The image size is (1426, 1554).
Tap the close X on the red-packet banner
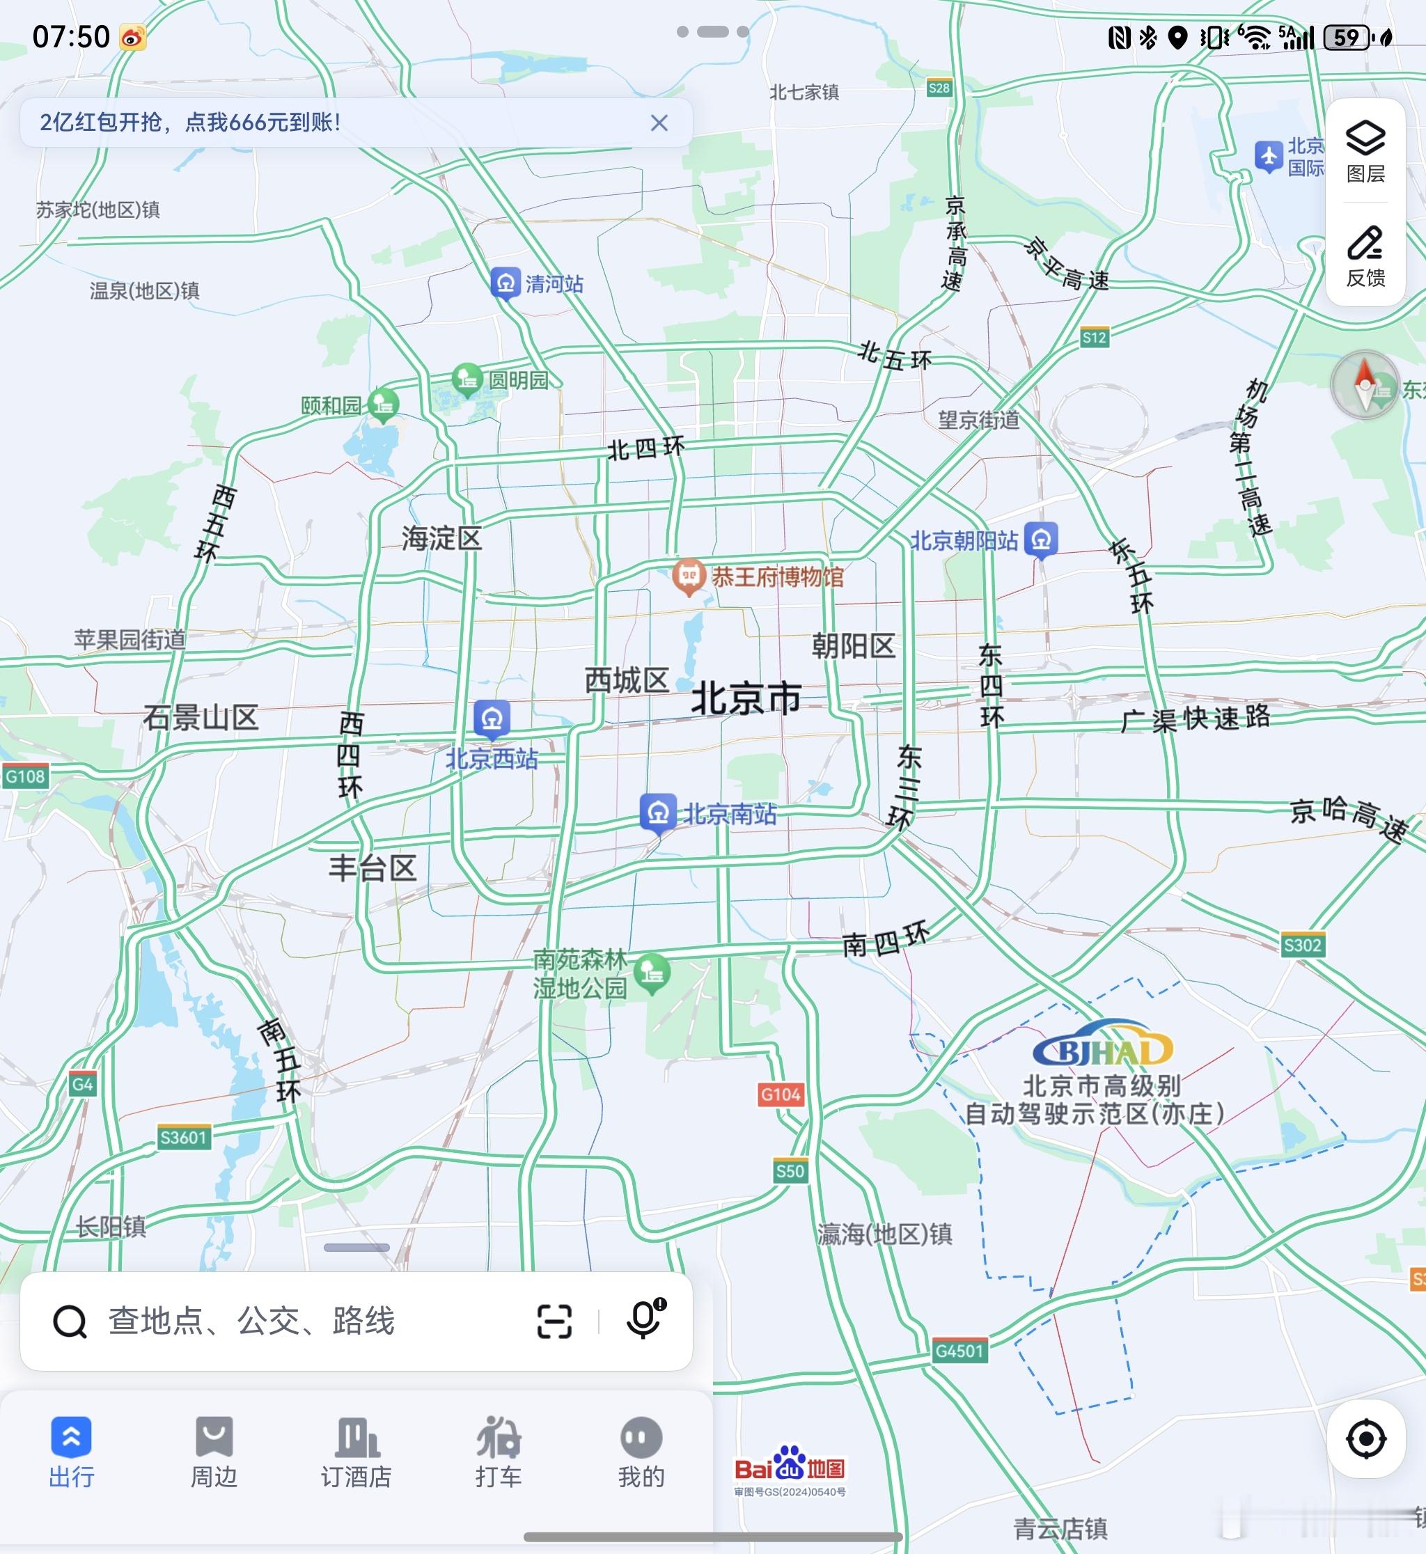659,123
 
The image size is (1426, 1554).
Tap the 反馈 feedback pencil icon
1365,256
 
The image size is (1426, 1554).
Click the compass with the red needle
1364,385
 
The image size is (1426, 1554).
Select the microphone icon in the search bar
643,1320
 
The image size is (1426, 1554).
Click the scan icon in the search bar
554,1321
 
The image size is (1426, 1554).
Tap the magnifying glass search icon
70,1321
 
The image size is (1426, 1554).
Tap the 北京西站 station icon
492,719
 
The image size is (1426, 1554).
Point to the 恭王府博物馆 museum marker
689,576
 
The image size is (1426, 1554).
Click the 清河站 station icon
506,283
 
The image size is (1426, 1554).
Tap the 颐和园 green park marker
383,404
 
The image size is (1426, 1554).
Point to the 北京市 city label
746,699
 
